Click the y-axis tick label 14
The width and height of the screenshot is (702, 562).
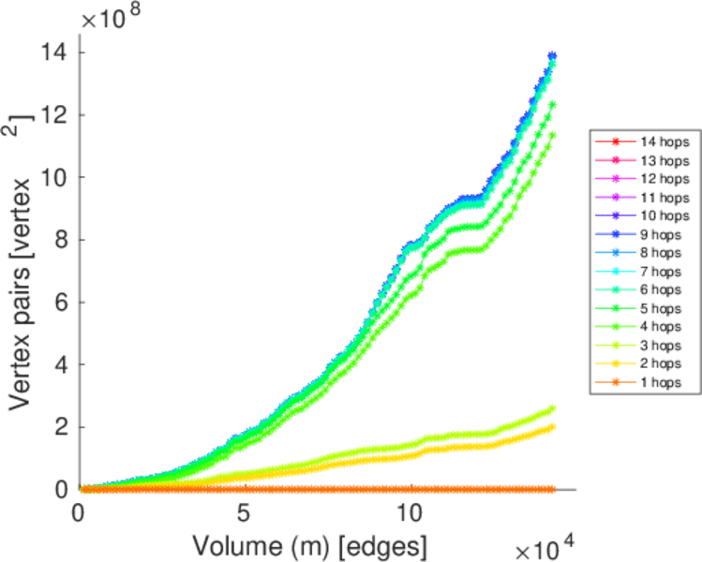(x=53, y=52)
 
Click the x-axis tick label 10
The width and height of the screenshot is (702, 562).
(x=411, y=513)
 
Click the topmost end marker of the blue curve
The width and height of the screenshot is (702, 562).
(x=552, y=55)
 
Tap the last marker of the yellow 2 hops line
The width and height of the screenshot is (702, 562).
(x=552, y=427)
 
